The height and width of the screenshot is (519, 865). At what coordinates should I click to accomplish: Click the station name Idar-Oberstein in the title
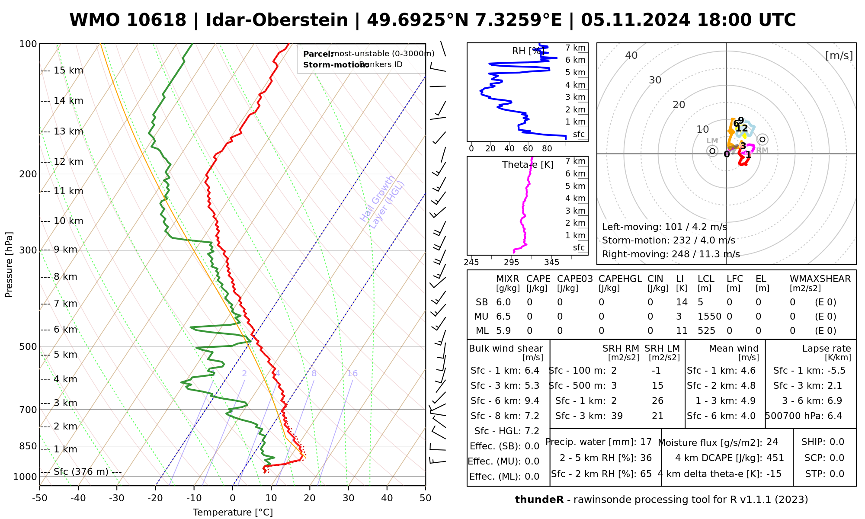click(277, 20)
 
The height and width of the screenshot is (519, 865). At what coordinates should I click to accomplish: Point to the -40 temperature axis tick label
click(78, 498)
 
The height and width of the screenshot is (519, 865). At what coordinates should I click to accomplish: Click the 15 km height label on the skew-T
click(68, 70)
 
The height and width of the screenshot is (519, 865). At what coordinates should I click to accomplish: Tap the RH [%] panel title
click(528, 51)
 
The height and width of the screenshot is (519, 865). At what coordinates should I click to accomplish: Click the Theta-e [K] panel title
click(528, 165)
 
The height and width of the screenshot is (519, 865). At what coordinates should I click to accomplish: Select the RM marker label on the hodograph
click(762, 151)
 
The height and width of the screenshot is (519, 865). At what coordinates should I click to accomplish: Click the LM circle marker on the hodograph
click(712, 151)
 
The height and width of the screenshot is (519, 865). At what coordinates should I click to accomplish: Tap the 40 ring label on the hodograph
click(631, 55)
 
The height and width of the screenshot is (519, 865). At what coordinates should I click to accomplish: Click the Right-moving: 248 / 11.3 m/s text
click(671, 254)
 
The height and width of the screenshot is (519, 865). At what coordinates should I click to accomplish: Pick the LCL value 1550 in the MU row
click(709, 317)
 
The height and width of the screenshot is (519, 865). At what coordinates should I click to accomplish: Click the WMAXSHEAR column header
click(820, 279)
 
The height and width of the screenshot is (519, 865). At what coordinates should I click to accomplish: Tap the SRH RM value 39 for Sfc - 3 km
click(617, 416)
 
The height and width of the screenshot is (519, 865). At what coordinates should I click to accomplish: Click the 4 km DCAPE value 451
click(775, 458)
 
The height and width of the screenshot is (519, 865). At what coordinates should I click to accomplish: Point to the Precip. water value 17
click(646, 442)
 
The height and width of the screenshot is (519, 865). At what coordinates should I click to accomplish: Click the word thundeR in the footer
click(539, 500)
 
